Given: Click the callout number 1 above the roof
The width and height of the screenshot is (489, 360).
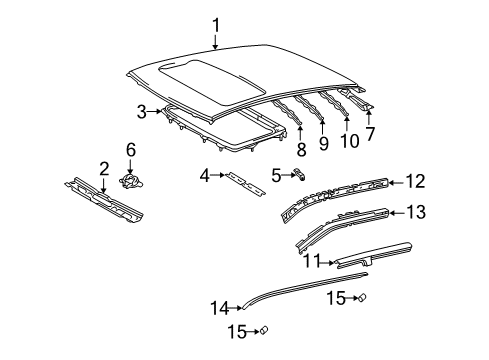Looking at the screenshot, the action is [216, 26].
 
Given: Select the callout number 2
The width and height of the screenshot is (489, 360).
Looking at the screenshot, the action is [104, 169].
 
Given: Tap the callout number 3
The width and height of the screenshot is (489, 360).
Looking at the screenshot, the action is [142, 112].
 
